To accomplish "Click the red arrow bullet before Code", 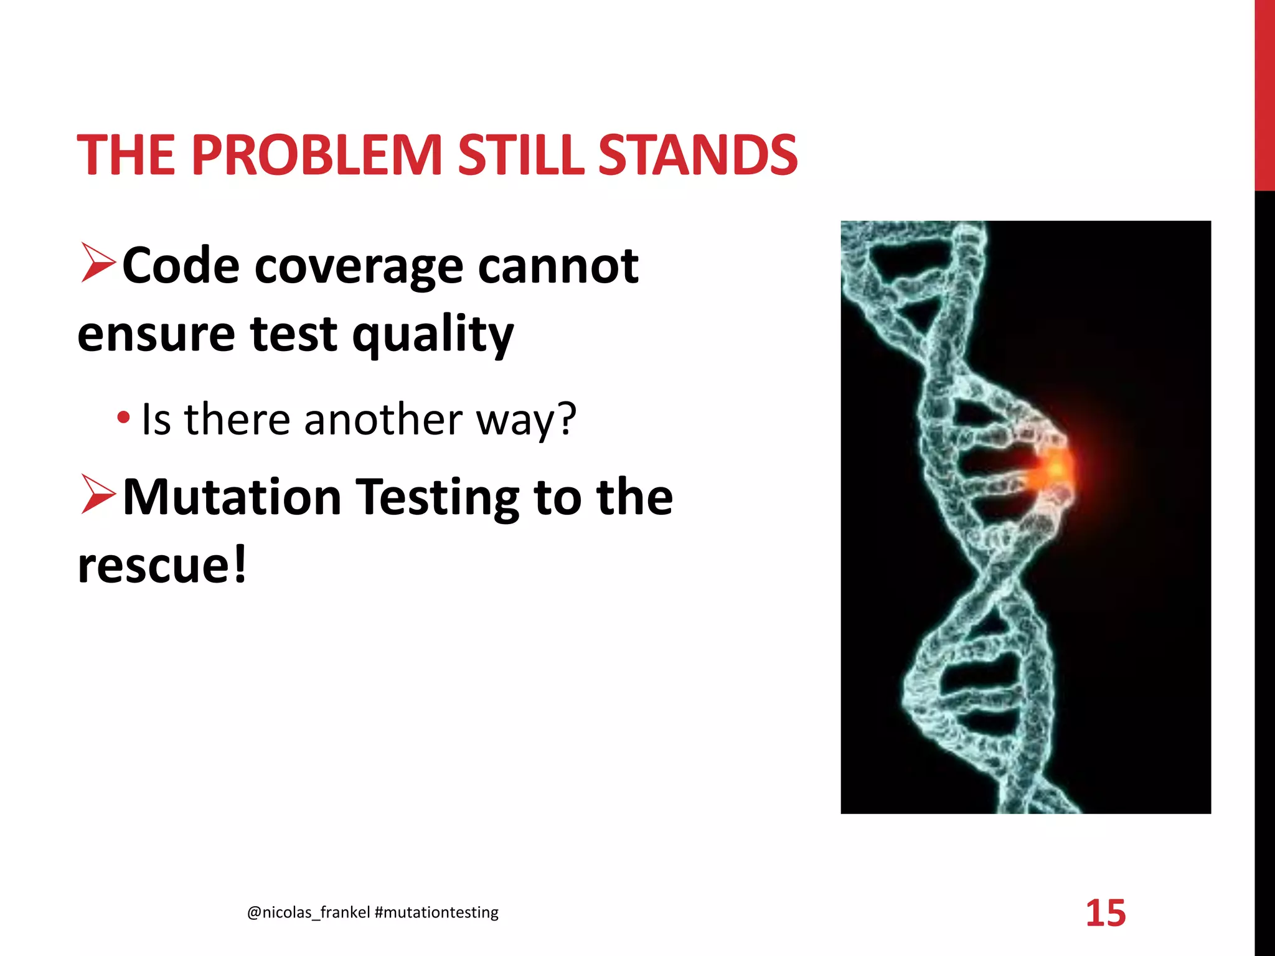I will click(98, 264).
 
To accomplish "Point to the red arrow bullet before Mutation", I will click(98, 495).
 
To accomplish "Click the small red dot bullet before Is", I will click(123, 418).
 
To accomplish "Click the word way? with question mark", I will click(527, 420).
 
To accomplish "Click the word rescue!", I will click(162, 565).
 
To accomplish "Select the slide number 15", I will click(1106, 913).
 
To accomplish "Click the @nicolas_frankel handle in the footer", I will click(308, 912).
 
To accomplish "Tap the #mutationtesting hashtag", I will click(437, 912).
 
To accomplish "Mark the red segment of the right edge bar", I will click(1264, 93).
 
